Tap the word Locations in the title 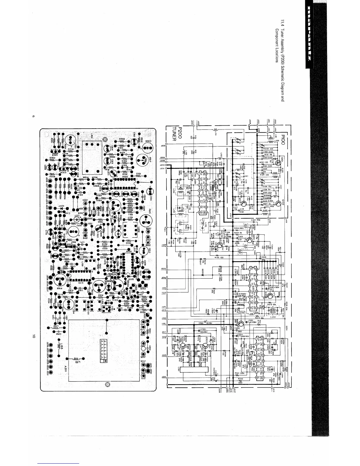coord(276,55)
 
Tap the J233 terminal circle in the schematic coord(166,146)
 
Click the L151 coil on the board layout coord(75,359)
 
